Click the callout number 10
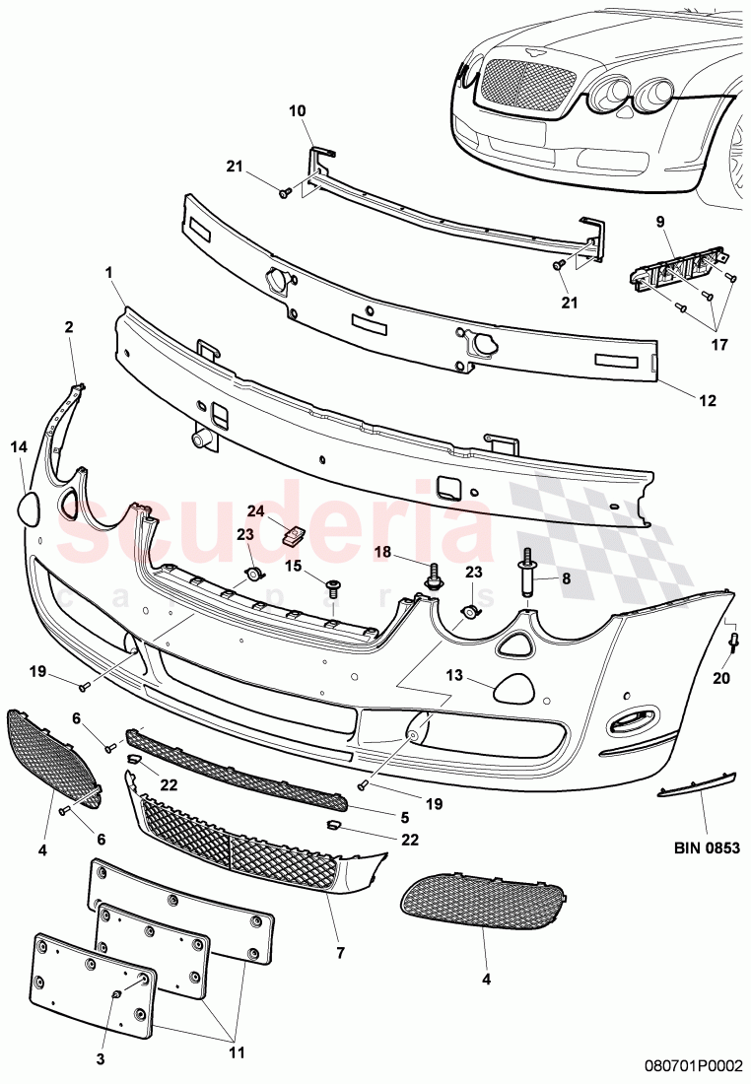pyautogui.click(x=297, y=111)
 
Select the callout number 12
pyautogui.click(x=709, y=401)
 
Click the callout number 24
pyautogui.click(x=255, y=511)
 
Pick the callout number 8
pyautogui.click(x=565, y=580)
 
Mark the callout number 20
pyautogui.click(x=722, y=677)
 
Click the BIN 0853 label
pyautogui.click(x=707, y=846)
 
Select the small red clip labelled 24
pyautogui.click(x=293, y=535)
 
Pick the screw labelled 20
pyautogui.click(x=734, y=641)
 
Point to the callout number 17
pyautogui.click(x=717, y=346)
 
